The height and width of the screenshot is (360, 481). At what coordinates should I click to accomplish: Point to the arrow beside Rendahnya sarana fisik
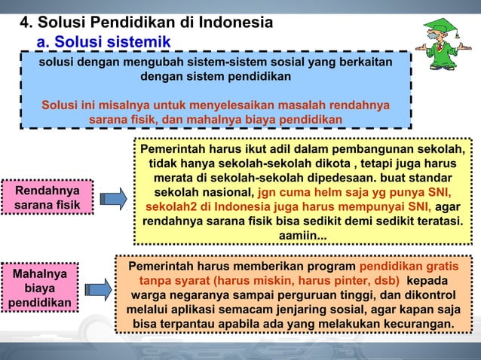[113, 197]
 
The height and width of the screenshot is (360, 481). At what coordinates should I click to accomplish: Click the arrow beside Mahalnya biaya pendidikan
[98, 288]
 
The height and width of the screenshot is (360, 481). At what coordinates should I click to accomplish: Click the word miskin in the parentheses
[270, 280]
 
